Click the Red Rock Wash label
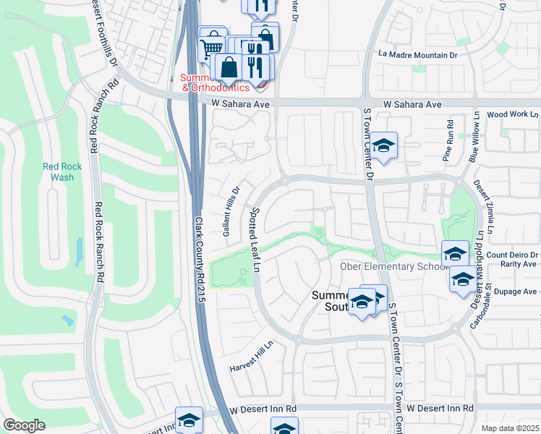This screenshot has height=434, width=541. pyautogui.click(x=62, y=171)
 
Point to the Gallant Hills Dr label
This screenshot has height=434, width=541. pyautogui.click(x=230, y=210)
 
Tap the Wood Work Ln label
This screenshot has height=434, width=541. pyautogui.click(x=512, y=114)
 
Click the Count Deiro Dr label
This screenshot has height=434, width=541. pyautogui.click(x=513, y=255)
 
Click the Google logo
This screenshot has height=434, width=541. pyautogui.click(x=24, y=425)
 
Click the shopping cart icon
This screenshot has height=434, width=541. pyautogui.click(x=211, y=48)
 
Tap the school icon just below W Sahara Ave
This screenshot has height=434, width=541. pyautogui.click(x=385, y=143)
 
